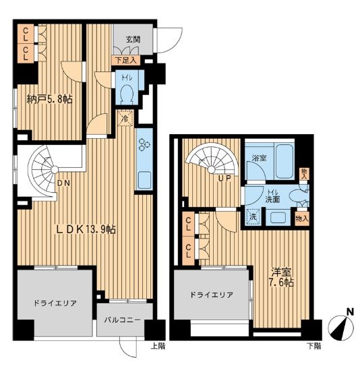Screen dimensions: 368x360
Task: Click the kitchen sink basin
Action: [144, 179]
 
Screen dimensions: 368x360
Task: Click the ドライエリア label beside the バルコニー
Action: [55, 303]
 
